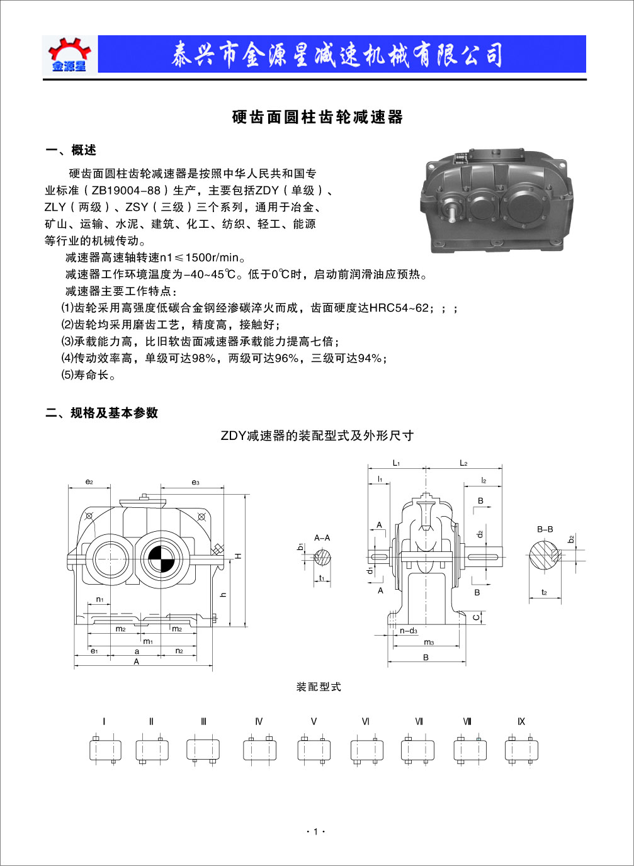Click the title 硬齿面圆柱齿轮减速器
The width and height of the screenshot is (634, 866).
317,117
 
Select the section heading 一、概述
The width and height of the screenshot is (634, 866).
71,150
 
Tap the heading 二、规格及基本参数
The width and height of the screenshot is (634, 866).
102,413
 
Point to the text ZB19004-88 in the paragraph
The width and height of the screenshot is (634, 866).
126,190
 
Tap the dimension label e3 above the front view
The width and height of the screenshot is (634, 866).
195,482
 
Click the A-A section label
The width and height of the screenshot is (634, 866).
322,537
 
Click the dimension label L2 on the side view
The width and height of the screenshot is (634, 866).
463,463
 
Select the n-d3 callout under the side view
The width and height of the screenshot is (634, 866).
408,631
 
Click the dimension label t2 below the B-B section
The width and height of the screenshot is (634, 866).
544,592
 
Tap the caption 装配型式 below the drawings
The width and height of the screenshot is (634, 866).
319,687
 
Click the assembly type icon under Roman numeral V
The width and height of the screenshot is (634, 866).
314,750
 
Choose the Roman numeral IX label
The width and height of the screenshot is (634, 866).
521,721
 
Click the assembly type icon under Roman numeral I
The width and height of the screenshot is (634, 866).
105,750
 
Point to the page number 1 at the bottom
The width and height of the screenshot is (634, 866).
316,831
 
